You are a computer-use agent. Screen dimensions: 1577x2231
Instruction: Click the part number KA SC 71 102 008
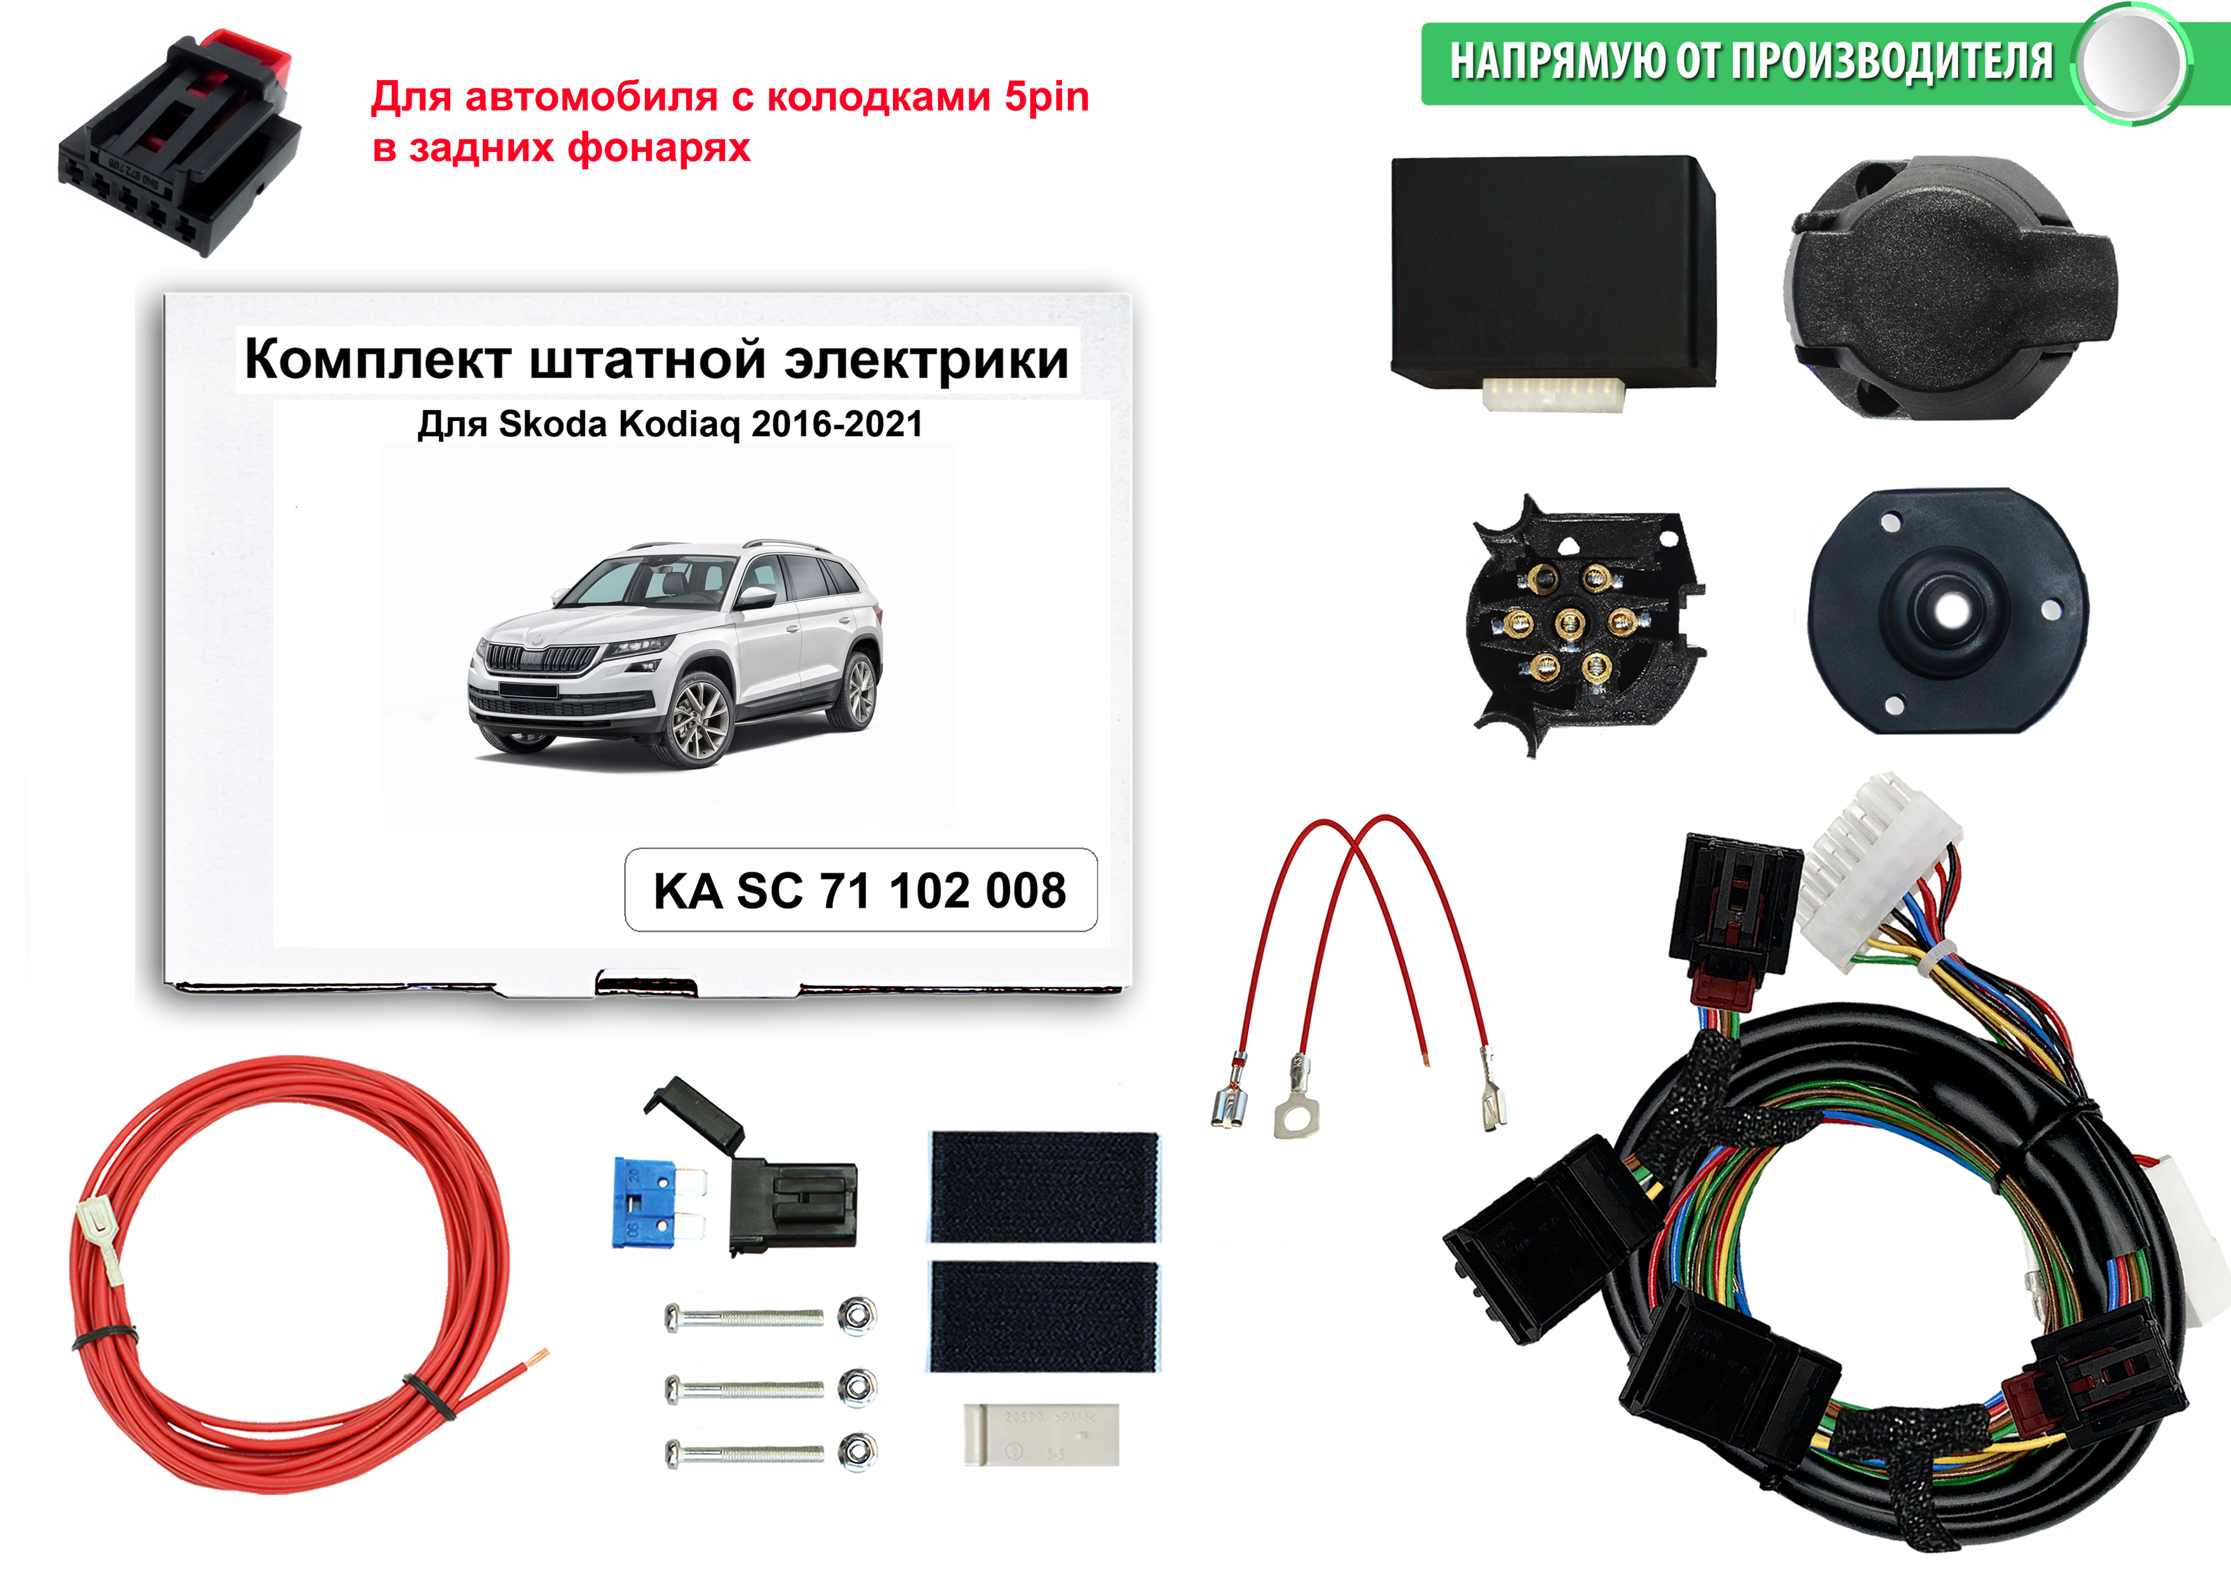pyautogui.click(x=860, y=891)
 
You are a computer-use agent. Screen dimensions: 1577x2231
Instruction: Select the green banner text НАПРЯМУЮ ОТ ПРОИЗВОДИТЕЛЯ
pyautogui.click(x=1751, y=62)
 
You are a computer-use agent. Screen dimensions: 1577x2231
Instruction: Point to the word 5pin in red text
pyautogui.click(x=1047, y=97)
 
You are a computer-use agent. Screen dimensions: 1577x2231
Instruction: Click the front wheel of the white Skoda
pyautogui.click(x=700, y=720)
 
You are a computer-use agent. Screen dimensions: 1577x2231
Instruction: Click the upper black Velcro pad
pyautogui.click(x=1044, y=1187)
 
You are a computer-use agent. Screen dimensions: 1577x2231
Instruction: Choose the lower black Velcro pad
pyautogui.click(x=1044, y=1316)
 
